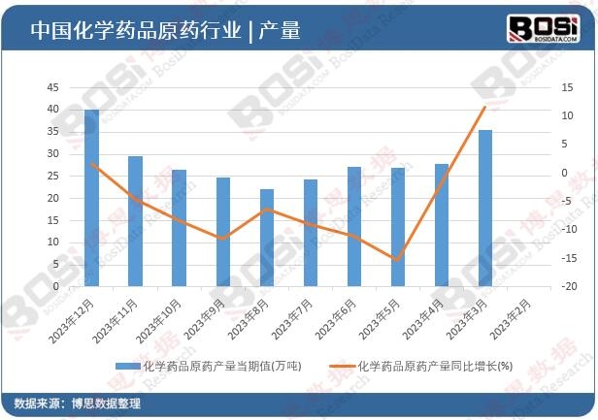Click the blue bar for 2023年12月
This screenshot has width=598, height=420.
pos(91,199)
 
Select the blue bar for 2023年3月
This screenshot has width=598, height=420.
pos(484,209)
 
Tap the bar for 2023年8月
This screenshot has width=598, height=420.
pos(266,238)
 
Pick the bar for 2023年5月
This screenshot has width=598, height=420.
pos(397,227)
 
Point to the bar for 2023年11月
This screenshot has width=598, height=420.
pos(135,221)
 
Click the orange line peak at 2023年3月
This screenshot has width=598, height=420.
pos(484,107)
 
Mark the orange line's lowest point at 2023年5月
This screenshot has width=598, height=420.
pos(397,260)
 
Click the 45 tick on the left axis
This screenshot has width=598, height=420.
pos(52,87)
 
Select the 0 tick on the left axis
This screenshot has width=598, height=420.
pos(55,287)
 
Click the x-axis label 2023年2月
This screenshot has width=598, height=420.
pos(512,318)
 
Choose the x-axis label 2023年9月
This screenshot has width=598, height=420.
pos(206,318)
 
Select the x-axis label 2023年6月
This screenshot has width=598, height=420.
pos(337,318)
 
